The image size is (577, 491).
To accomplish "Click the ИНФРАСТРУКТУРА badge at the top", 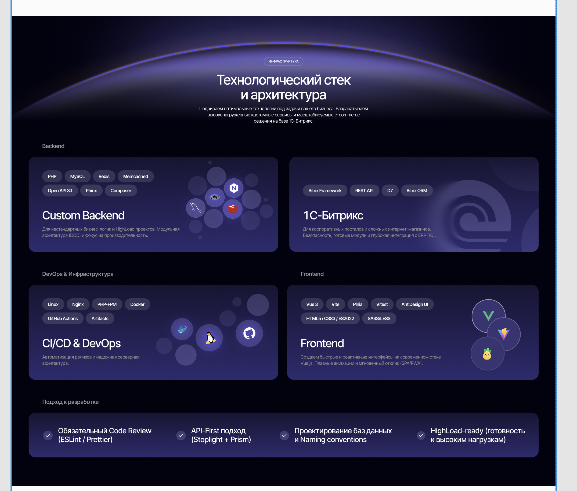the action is tap(283, 61).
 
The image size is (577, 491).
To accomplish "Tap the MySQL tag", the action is tap(77, 176).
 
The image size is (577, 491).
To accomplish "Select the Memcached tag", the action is tap(136, 176).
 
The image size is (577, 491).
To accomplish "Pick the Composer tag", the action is tap(121, 190).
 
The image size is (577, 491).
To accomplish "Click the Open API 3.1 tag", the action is tap(60, 190).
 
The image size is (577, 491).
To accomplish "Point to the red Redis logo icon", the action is tap(233, 209).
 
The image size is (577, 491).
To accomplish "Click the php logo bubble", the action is tap(215, 197).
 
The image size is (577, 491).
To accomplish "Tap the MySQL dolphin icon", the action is tap(196, 207).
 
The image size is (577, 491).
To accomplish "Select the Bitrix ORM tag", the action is tap(417, 190).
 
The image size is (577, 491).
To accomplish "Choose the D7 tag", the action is tap(390, 190).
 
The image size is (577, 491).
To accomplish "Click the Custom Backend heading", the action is tap(83, 215).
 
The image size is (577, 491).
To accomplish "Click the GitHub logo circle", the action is tap(249, 333).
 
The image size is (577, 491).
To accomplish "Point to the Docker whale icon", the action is tap(182, 329).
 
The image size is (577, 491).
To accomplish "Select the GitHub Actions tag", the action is tap(63, 318).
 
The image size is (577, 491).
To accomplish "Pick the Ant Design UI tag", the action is tap(415, 304).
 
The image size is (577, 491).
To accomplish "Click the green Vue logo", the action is tap(488, 316).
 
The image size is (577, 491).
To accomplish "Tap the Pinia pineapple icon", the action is tap(487, 354).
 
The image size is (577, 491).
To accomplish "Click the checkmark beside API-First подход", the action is tap(181, 435).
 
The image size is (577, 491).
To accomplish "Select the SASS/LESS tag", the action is tap(379, 318).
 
